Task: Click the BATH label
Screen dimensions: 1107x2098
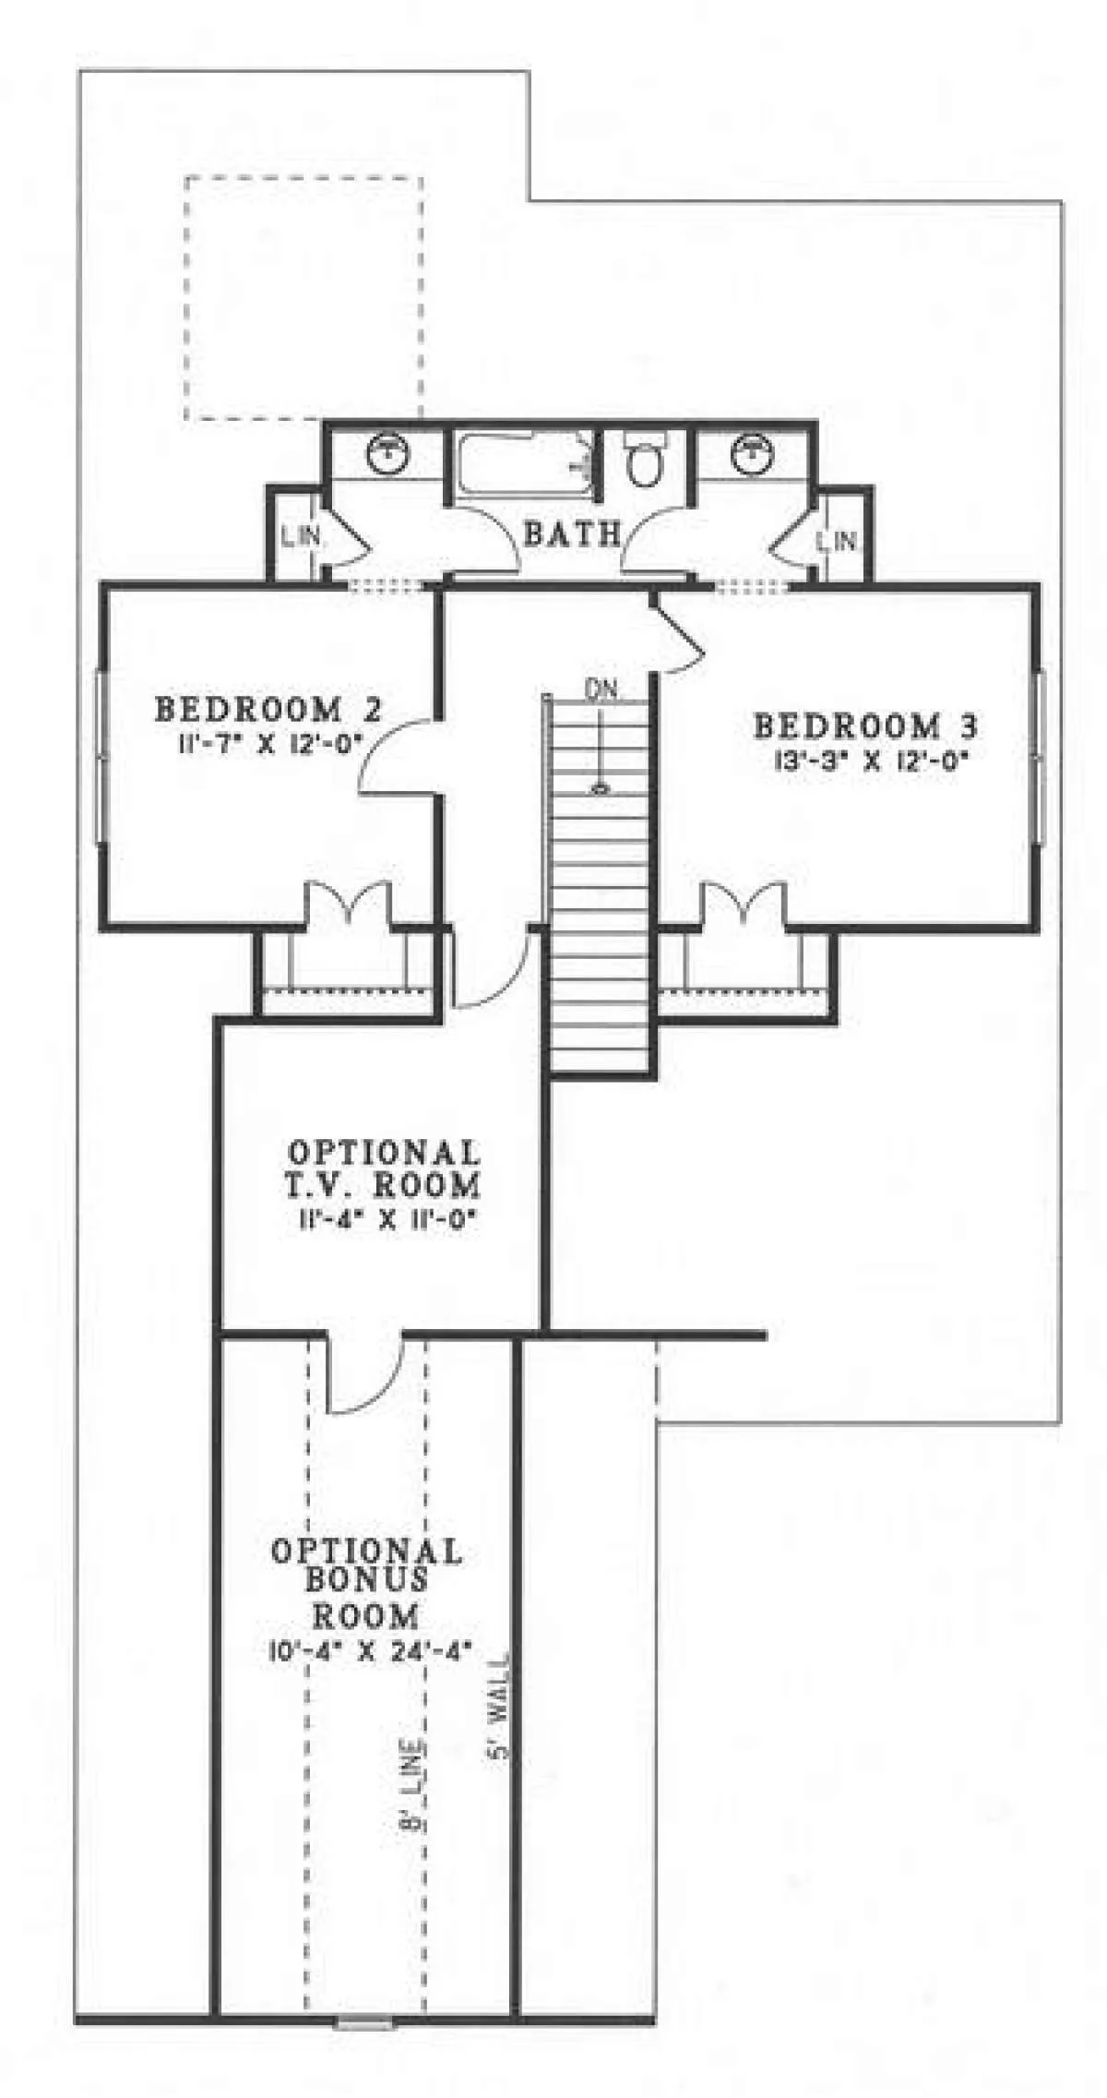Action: point(571,533)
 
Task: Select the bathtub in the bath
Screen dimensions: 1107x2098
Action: point(523,466)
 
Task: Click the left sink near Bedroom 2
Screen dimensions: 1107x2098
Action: point(388,452)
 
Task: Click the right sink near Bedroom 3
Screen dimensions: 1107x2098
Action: point(752,452)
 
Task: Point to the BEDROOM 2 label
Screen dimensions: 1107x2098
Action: point(268,710)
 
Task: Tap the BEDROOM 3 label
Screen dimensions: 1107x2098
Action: point(865,725)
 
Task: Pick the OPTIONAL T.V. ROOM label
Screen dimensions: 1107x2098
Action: point(385,1168)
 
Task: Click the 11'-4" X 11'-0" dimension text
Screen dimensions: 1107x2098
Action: point(386,1221)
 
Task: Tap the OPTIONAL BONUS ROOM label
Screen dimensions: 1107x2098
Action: point(366,1582)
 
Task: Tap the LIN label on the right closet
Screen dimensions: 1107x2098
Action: point(838,540)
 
